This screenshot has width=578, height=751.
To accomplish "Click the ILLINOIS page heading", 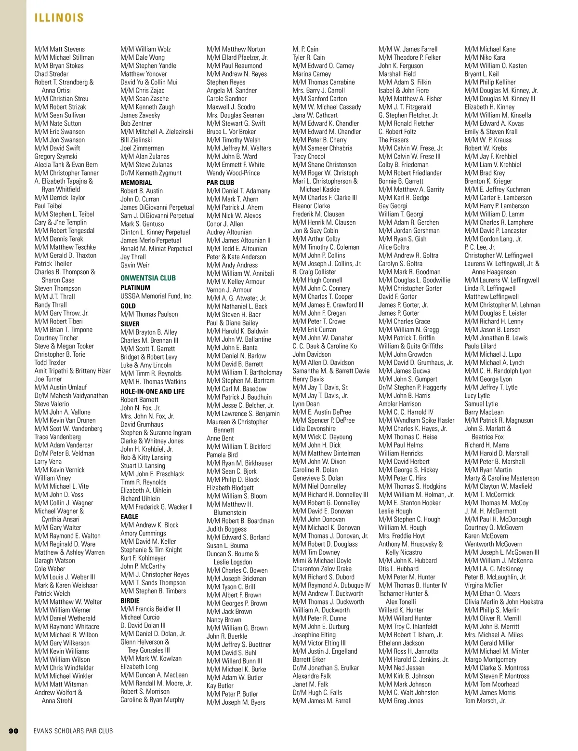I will tap(59, 18).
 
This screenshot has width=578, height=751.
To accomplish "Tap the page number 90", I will tap(13, 731).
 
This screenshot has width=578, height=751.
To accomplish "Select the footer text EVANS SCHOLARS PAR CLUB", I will tap(73, 731).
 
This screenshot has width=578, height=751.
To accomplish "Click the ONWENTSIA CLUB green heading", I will tap(148, 278).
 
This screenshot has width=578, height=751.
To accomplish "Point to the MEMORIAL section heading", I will tap(136, 183).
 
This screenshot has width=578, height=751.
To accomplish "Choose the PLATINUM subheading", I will tap(135, 288).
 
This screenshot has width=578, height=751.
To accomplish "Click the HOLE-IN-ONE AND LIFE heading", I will tap(152, 391).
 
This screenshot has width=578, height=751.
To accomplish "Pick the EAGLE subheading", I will tap(129, 516).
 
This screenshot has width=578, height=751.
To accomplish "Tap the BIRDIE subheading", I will tap(130, 601).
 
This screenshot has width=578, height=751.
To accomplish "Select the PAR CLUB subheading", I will tap(220, 183).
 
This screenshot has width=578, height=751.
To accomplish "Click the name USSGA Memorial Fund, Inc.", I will tap(156, 296).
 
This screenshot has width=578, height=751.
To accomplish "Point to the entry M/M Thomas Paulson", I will tap(149, 314).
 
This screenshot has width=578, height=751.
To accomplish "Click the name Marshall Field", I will tap(397, 74).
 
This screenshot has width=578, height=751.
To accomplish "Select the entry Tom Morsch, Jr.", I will tap(485, 700).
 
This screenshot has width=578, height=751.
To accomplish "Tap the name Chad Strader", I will tap(51, 74).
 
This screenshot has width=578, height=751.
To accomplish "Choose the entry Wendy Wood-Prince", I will tap(233, 173).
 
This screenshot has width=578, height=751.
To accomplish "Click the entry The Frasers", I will tap(393, 140).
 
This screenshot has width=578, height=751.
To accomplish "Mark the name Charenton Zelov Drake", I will tap(322, 569).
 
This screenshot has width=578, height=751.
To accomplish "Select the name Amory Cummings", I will tap(143, 533).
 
